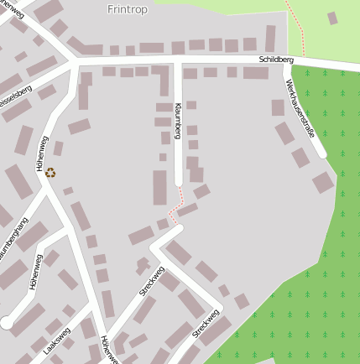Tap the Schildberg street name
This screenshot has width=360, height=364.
(276, 60)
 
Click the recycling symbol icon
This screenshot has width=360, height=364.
(50, 173)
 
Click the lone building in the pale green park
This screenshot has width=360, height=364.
(332, 18)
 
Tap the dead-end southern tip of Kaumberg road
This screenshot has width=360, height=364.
(178, 184)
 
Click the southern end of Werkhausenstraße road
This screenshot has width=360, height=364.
(322, 154)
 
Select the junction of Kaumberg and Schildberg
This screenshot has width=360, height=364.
(178, 63)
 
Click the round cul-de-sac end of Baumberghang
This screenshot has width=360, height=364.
(7, 322)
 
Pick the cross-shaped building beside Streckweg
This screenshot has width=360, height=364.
(143, 267)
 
